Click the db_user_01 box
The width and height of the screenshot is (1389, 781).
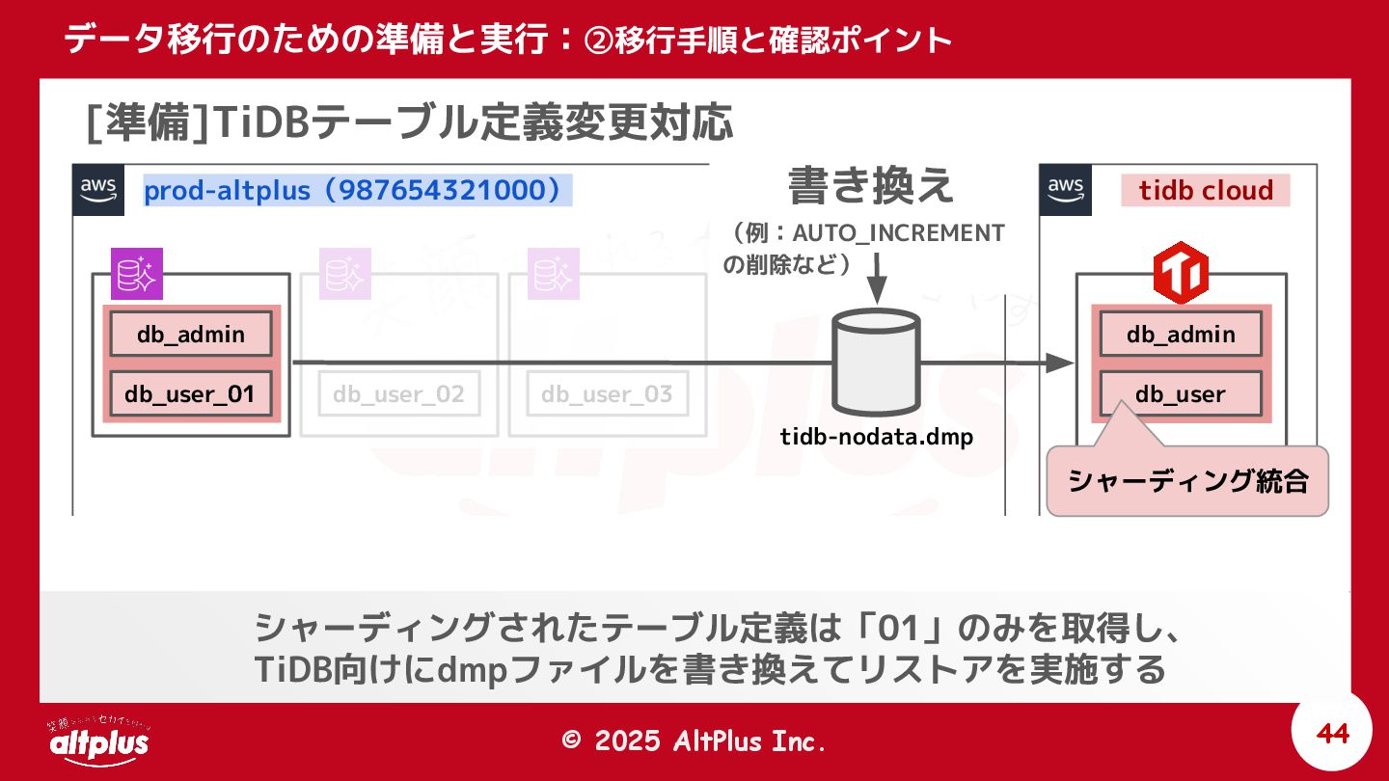click(x=190, y=393)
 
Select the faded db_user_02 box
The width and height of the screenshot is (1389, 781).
click(x=398, y=393)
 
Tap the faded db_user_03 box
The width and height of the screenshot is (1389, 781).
click(x=607, y=393)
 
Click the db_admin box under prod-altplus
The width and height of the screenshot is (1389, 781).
click(x=190, y=335)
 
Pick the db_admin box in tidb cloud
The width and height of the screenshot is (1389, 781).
click(x=1181, y=335)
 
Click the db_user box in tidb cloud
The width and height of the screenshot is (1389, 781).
click(x=1181, y=394)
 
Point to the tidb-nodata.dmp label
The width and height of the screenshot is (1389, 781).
click(x=877, y=437)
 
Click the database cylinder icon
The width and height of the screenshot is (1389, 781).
click(x=876, y=363)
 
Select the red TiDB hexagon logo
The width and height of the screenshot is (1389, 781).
click(x=1181, y=276)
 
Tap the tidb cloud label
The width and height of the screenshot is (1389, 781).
click(x=1206, y=190)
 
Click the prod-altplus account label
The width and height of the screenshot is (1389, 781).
click(x=353, y=190)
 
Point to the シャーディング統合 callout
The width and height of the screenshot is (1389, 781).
click(x=1187, y=480)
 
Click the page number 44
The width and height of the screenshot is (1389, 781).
click(x=1332, y=734)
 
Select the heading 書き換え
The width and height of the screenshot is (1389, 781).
click(x=872, y=185)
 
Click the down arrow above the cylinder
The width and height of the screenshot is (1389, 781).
click(x=876, y=285)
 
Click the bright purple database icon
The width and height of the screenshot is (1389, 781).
click(x=137, y=274)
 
